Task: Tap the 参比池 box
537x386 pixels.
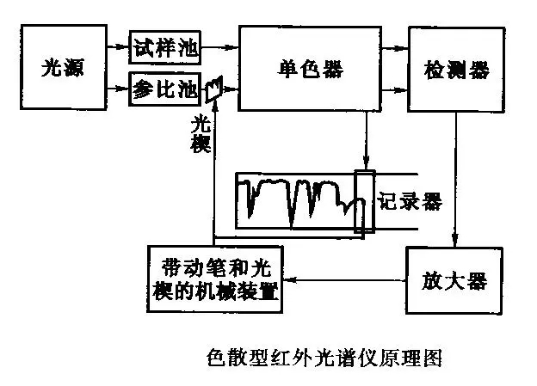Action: click(165, 89)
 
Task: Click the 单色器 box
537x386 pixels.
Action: click(307, 67)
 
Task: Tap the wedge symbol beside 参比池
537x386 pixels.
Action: click(216, 86)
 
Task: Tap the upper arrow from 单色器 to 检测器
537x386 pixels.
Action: click(392, 48)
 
